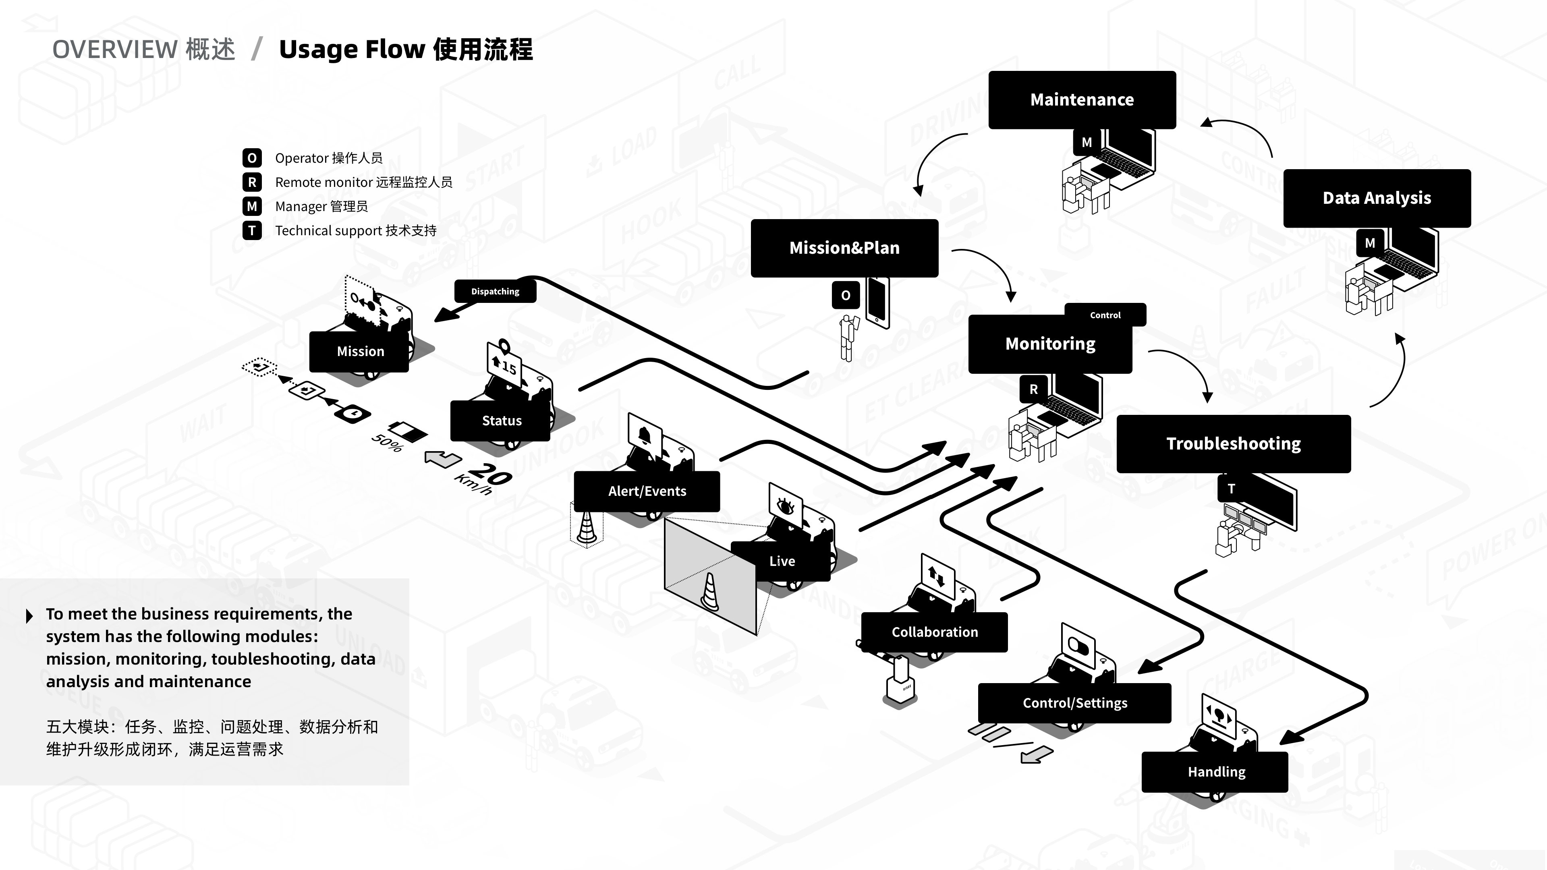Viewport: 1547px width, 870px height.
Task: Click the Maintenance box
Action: click(x=1082, y=99)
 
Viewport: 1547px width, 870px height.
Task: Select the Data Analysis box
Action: click(x=1377, y=198)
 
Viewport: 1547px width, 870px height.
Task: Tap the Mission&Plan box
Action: click(x=844, y=248)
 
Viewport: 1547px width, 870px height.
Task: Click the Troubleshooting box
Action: click(x=1233, y=444)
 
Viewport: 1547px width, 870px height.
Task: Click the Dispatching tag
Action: click(x=495, y=291)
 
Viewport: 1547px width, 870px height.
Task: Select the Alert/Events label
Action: click(x=647, y=491)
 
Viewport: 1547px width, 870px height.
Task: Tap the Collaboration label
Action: click(x=935, y=632)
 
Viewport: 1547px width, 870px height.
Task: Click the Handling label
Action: click(x=1216, y=772)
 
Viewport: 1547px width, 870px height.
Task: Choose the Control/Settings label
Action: click(x=1074, y=703)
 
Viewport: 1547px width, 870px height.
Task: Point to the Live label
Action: click(x=782, y=561)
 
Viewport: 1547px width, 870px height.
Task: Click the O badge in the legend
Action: click(x=252, y=158)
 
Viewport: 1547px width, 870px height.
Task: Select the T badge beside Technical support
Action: click(x=252, y=230)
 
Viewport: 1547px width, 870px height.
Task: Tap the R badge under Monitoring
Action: click(x=1033, y=389)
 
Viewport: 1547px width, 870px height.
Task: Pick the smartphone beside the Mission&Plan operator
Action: click(x=878, y=302)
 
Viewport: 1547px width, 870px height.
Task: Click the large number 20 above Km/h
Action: click(x=491, y=474)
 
